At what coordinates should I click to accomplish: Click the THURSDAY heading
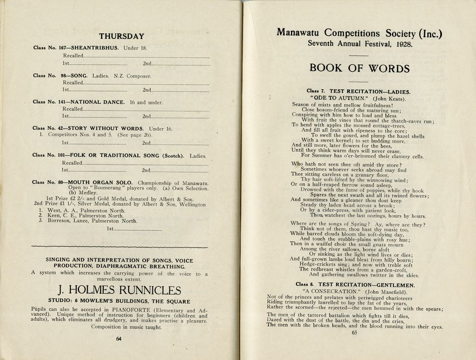tap(121, 36)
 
